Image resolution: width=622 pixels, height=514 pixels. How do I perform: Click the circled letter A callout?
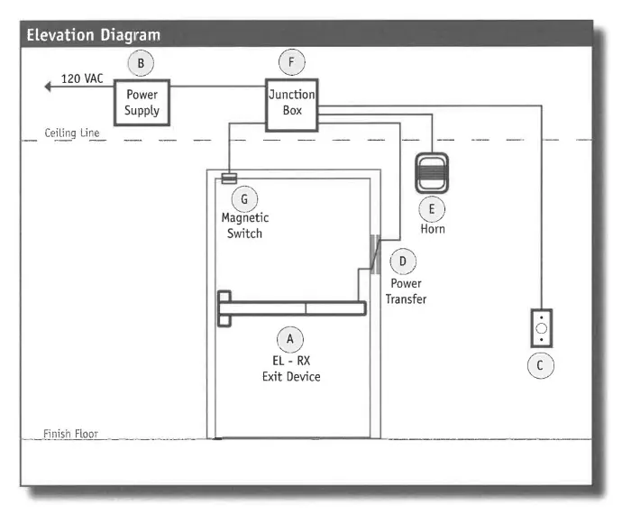point(289,337)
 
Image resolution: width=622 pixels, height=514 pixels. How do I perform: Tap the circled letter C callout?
point(540,365)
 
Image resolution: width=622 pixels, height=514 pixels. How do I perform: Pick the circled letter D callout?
point(403,262)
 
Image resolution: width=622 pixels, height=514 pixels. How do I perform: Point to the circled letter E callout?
point(432,209)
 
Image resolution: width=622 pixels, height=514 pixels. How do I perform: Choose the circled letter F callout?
point(291,62)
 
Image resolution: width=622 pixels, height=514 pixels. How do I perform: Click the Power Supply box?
point(142,102)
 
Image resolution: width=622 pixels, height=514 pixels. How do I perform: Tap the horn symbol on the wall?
point(432,171)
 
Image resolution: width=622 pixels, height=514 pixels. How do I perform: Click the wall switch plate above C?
point(541,329)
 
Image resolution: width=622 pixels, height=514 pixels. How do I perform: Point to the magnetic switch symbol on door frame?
point(229,178)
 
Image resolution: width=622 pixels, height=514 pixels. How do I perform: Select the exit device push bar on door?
point(291,307)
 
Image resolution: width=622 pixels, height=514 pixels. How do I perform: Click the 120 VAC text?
point(82,79)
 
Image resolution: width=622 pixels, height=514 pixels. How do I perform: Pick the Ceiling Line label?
point(72,133)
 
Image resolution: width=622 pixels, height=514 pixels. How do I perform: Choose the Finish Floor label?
point(70,434)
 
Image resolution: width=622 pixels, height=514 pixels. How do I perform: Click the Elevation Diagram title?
point(93,35)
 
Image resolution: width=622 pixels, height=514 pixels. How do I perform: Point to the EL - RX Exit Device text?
point(289,368)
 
